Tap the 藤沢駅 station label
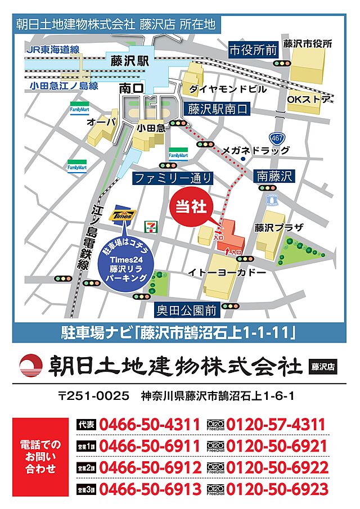pyautogui.click(x=130, y=61)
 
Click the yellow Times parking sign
pyautogui.click(x=123, y=215)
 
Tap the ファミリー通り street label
pyautogui.click(x=173, y=178)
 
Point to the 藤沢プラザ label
pyautogui.click(x=279, y=228)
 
